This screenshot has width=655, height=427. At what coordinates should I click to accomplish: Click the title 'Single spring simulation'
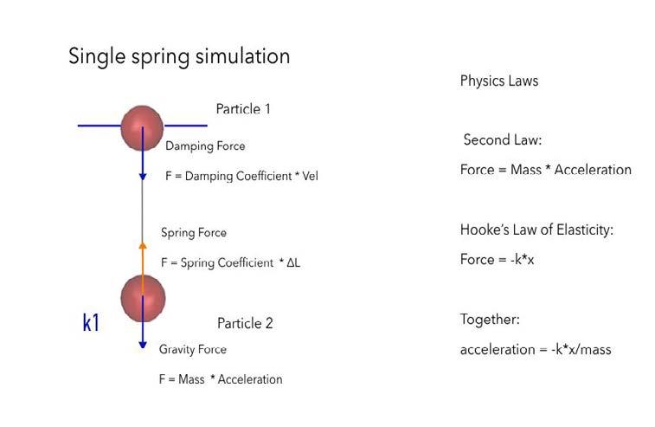click(x=179, y=57)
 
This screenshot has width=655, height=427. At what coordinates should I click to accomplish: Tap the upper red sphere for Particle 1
click(x=142, y=126)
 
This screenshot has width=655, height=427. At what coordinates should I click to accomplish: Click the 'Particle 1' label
click(x=243, y=109)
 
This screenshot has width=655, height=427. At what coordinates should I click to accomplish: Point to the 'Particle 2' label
click(x=245, y=323)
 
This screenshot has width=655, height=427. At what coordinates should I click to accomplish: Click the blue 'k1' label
click(x=91, y=323)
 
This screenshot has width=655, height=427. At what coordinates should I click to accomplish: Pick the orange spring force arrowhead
click(x=143, y=247)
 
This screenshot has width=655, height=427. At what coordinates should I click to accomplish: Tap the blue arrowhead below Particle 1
click(x=143, y=177)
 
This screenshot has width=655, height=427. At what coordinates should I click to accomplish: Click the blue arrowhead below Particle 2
click(x=143, y=345)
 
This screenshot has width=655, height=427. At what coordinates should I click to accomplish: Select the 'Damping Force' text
click(x=205, y=146)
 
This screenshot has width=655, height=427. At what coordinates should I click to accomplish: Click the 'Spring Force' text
click(x=194, y=233)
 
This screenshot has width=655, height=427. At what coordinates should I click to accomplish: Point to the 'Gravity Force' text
click(x=193, y=349)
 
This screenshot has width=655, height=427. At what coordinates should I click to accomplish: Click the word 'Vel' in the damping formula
click(x=309, y=176)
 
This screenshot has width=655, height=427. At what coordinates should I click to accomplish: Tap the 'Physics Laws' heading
click(x=499, y=81)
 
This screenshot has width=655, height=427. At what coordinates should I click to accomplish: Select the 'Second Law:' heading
click(x=503, y=140)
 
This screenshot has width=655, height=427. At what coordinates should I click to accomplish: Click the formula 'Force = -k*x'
click(x=497, y=260)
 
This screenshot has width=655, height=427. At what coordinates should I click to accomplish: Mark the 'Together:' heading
click(x=490, y=320)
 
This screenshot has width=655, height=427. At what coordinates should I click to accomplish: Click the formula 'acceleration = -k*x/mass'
click(x=536, y=349)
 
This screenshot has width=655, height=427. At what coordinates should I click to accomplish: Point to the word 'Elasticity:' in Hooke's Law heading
click(x=583, y=230)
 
